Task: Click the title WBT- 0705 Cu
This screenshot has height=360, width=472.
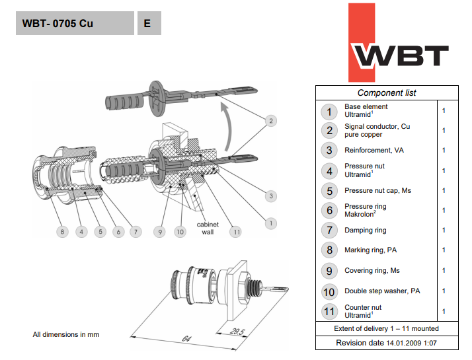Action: (58, 23)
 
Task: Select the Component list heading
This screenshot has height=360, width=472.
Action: (387, 93)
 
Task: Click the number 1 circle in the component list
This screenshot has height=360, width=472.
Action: (329, 111)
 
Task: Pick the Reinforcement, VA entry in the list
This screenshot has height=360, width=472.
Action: (374, 151)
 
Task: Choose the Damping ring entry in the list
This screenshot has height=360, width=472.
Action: (365, 231)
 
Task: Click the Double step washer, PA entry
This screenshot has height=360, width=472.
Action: (382, 291)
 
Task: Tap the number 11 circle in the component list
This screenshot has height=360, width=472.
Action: (329, 311)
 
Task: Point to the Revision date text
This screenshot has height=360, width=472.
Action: (387, 343)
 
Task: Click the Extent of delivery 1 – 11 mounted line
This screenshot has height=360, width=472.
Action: (387, 328)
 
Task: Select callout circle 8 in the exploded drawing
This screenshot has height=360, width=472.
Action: (61, 232)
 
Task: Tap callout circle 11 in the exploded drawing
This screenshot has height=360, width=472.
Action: (236, 232)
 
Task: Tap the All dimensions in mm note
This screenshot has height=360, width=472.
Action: (66, 335)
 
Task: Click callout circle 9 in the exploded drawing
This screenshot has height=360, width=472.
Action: (159, 232)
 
